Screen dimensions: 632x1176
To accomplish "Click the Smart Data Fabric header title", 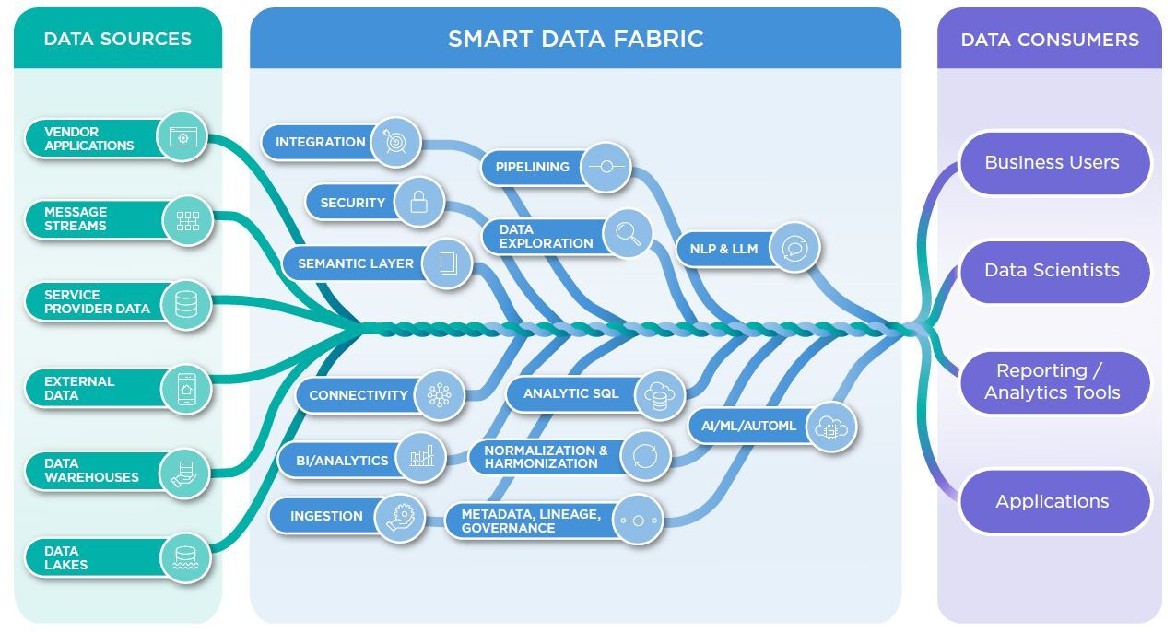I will pos(575,39).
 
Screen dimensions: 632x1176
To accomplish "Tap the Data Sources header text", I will pos(117,39).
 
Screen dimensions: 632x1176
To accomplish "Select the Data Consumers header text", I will pos(1049,40).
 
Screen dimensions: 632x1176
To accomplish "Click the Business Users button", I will pos(1052,162).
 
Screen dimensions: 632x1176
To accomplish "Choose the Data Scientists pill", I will pos(1052,270).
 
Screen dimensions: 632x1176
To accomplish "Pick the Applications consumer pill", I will pos(1052,501).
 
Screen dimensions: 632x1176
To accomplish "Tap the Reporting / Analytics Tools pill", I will pos(1052,381).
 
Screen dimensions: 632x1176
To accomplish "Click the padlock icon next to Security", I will pos(418,202).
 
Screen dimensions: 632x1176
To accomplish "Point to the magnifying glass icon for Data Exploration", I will pos(628,234).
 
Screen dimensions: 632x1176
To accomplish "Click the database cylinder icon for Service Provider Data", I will pos(186,304).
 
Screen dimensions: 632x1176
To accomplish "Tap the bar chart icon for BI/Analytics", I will pos(421,456).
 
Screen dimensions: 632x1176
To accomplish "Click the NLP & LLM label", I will pos(723,249).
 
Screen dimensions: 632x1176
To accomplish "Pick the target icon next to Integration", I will pos(396,142).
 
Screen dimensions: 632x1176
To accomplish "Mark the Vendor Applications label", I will pos(88,138).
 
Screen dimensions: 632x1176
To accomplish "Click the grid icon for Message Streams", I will pos(187,220).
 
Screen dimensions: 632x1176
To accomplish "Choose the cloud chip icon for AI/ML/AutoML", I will pos(830,427).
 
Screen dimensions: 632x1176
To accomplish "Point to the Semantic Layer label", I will pos(356,263).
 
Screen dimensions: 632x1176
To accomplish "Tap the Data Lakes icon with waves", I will pos(186,557).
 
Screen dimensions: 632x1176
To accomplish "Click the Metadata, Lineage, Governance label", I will pos(530,521).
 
